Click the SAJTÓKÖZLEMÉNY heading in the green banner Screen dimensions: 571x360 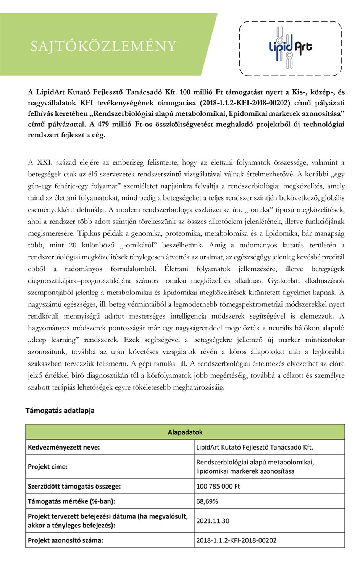103,46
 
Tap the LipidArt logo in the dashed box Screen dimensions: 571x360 290,48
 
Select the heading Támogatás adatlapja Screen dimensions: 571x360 60,411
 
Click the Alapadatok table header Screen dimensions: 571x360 185,432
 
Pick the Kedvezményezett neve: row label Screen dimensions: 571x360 64,447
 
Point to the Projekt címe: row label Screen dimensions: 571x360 48,467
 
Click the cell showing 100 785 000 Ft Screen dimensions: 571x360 218,486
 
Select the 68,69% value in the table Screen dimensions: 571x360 207,501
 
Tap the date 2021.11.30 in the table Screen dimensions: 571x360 213,521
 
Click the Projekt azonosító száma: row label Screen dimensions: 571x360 65,540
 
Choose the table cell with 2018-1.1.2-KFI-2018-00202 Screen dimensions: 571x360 236,540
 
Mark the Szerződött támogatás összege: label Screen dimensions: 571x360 74,486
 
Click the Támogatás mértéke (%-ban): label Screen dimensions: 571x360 71,501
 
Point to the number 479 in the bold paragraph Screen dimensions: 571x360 104,124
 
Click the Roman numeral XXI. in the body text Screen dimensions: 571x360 44,162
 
